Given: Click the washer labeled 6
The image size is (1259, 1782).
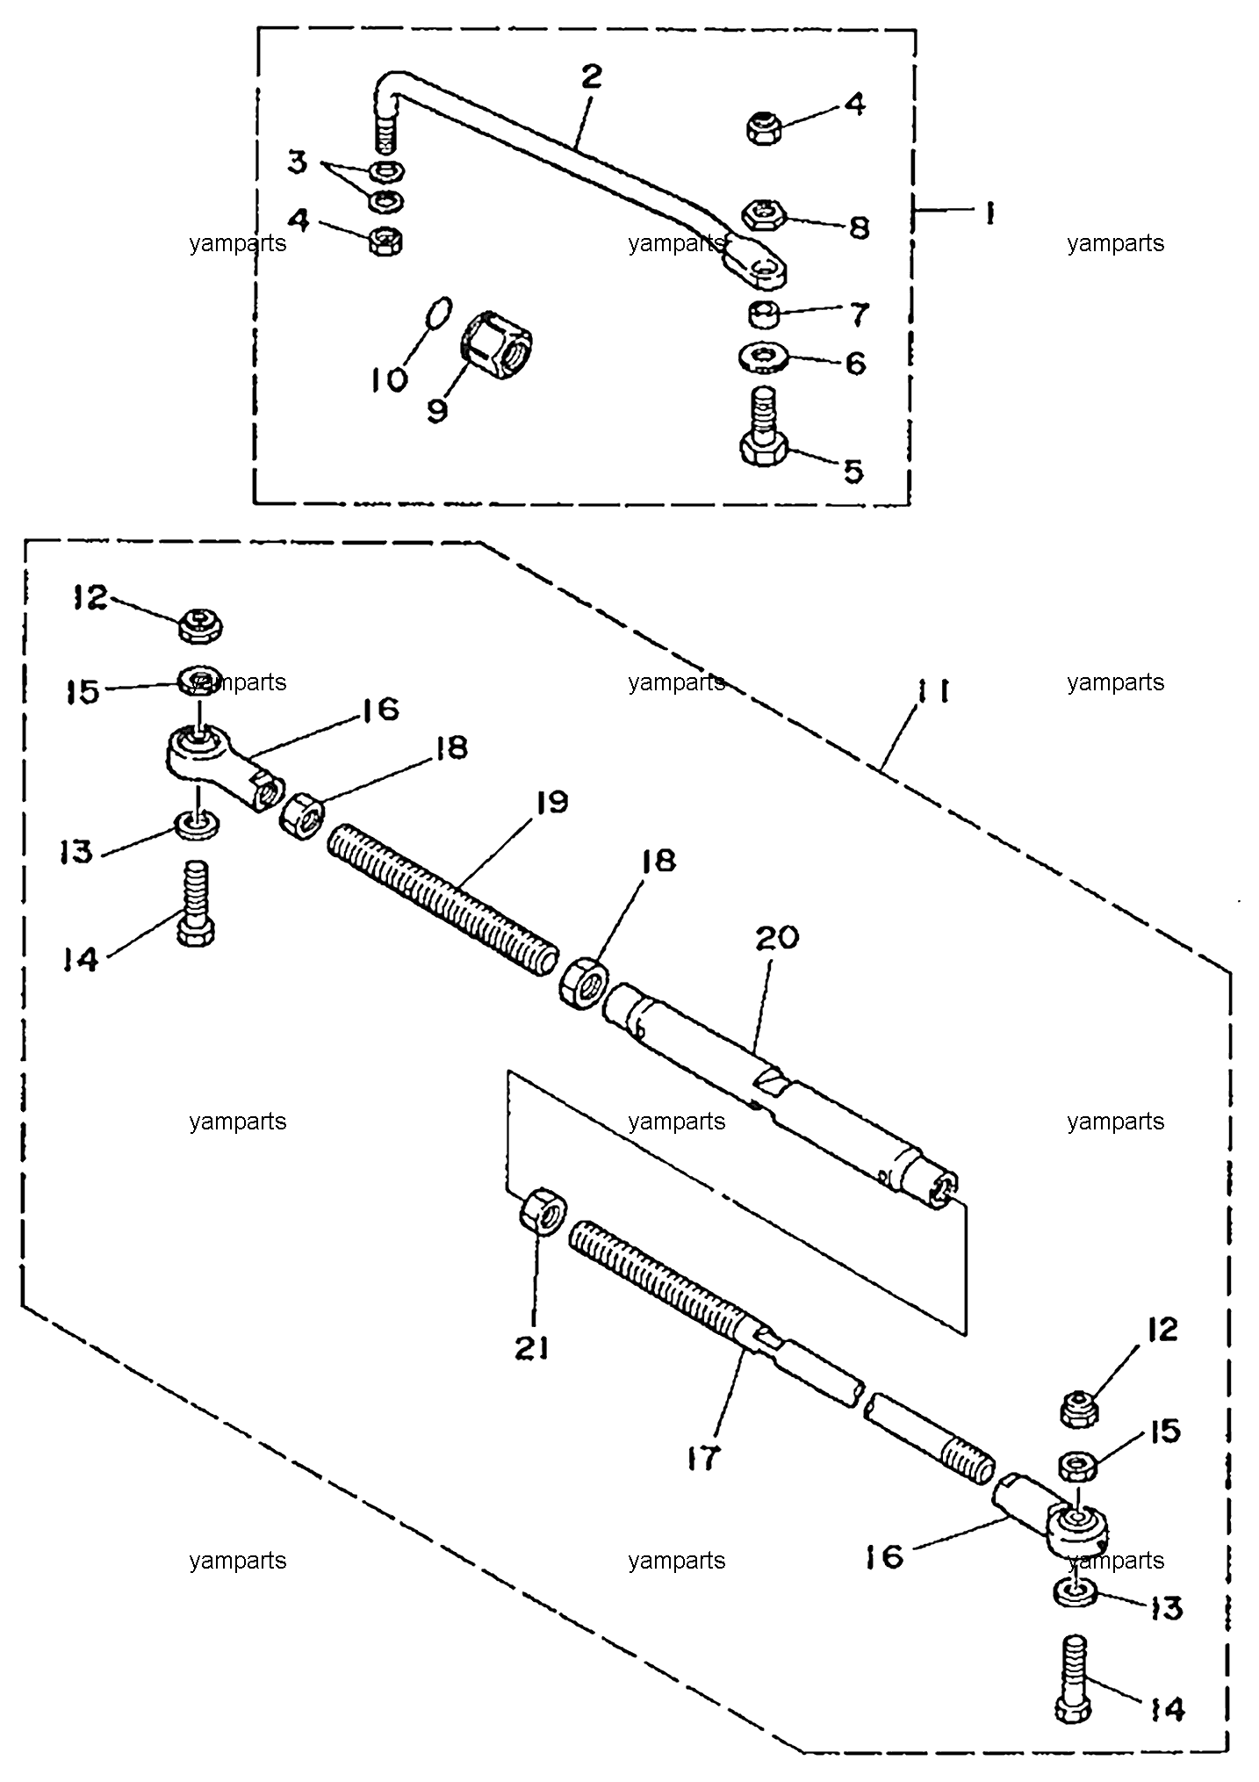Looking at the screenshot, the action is click(766, 357).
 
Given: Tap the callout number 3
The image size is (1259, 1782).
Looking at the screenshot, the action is click(299, 162).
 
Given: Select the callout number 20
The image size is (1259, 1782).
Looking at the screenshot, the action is click(778, 937).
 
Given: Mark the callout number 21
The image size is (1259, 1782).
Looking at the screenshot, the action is click(531, 1347).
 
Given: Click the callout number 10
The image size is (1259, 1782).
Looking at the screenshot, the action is click(388, 379).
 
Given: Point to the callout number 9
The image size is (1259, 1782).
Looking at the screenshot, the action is click(436, 410).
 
